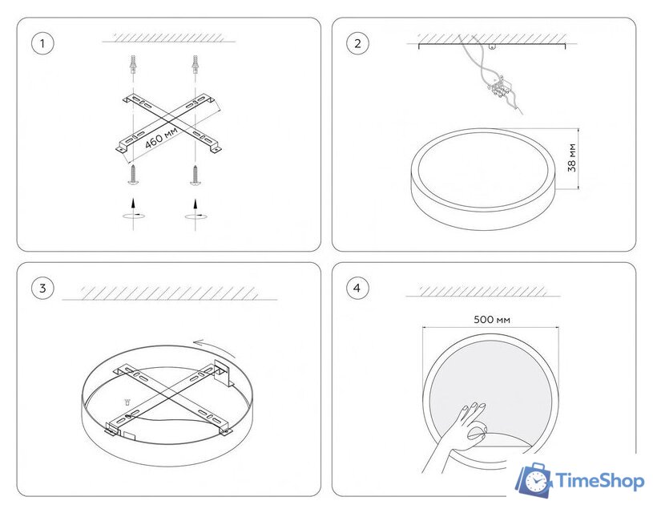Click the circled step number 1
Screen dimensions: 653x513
point(42,43)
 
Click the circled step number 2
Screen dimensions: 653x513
point(357,43)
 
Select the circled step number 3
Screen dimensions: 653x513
point(42,288)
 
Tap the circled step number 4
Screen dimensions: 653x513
point(357,288)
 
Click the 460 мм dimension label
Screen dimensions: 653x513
point(161,138)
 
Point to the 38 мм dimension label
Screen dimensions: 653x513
point(572,158)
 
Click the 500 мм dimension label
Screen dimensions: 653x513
point(492,320)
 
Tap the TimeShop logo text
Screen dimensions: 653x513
point(599,481)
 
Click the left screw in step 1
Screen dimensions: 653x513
point(133,174)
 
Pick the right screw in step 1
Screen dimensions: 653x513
point(195,175)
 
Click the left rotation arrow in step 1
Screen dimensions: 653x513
point(133,215)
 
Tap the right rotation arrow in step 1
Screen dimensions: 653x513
point(195,216)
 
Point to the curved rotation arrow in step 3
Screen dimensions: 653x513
point(215,347)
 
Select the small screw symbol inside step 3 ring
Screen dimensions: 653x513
point(127,402)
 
